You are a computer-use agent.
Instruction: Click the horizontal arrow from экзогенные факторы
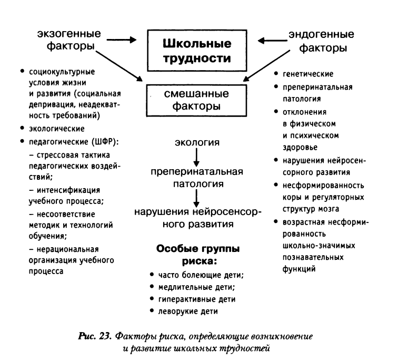122,40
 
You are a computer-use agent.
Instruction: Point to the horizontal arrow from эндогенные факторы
273,41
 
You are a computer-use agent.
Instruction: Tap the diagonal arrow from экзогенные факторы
119,66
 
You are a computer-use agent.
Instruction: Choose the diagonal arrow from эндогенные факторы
266,66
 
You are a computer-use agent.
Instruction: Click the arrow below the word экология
196,158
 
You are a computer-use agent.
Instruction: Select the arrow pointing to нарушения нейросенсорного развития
196,198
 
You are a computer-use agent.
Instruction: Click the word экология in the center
197,142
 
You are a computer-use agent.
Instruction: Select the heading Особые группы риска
198,255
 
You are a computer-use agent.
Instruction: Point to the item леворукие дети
188,311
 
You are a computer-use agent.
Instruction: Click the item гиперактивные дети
197,299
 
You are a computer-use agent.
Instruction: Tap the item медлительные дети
196,287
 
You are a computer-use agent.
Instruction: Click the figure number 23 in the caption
105,336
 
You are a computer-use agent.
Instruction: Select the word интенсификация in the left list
68,190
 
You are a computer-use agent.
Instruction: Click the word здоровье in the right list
300,148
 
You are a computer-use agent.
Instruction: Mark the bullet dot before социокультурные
22,71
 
